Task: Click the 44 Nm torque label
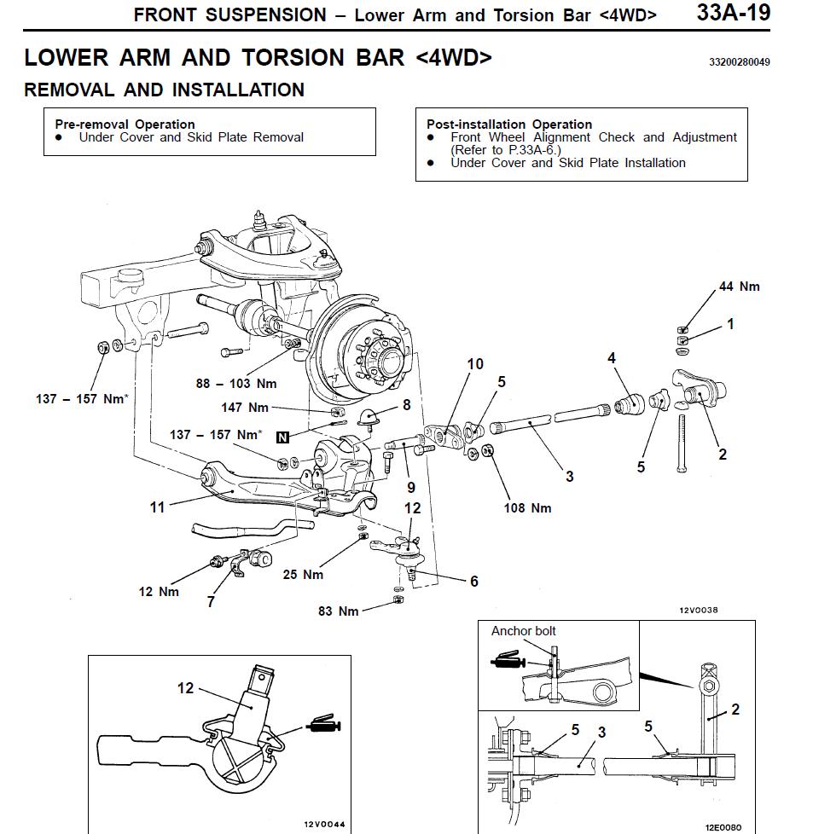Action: click(x=739, y=287)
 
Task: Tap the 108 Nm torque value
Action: click(x=528, y=508)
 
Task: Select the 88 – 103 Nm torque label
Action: click(x=236, y=384)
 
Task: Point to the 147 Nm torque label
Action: click(x=245, y=408)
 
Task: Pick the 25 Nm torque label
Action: click(x=303, y=574)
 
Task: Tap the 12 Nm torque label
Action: click(x=159, y=592)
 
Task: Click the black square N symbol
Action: click(x=282, y=437)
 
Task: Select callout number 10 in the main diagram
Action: click(x=475, y=364)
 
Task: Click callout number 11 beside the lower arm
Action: click(x=157, y=507)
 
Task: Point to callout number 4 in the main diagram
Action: click(x=612, y=358)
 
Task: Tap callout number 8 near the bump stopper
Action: click(x=406, y=404)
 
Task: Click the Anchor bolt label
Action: click(x=523, y=631)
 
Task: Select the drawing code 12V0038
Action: click(x=699, y=611)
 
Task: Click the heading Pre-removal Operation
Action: click(x=125, y=124)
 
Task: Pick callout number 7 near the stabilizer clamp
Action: click(x=211, y=602)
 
